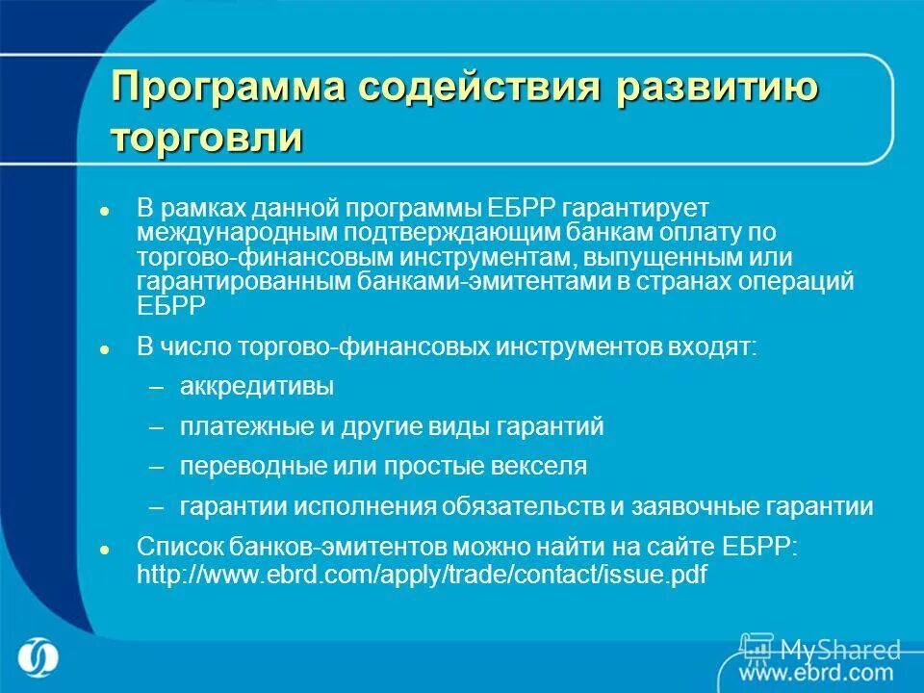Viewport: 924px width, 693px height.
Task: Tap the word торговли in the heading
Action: click(207, 137)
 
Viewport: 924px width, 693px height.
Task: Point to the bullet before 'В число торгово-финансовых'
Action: click(105, 348)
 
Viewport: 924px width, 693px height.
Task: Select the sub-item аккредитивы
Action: click(257, 387)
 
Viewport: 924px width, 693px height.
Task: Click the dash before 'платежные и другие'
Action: click(158, 426)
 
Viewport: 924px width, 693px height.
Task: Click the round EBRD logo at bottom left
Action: click(38, 657)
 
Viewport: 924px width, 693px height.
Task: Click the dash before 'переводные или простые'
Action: click(158, 467)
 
